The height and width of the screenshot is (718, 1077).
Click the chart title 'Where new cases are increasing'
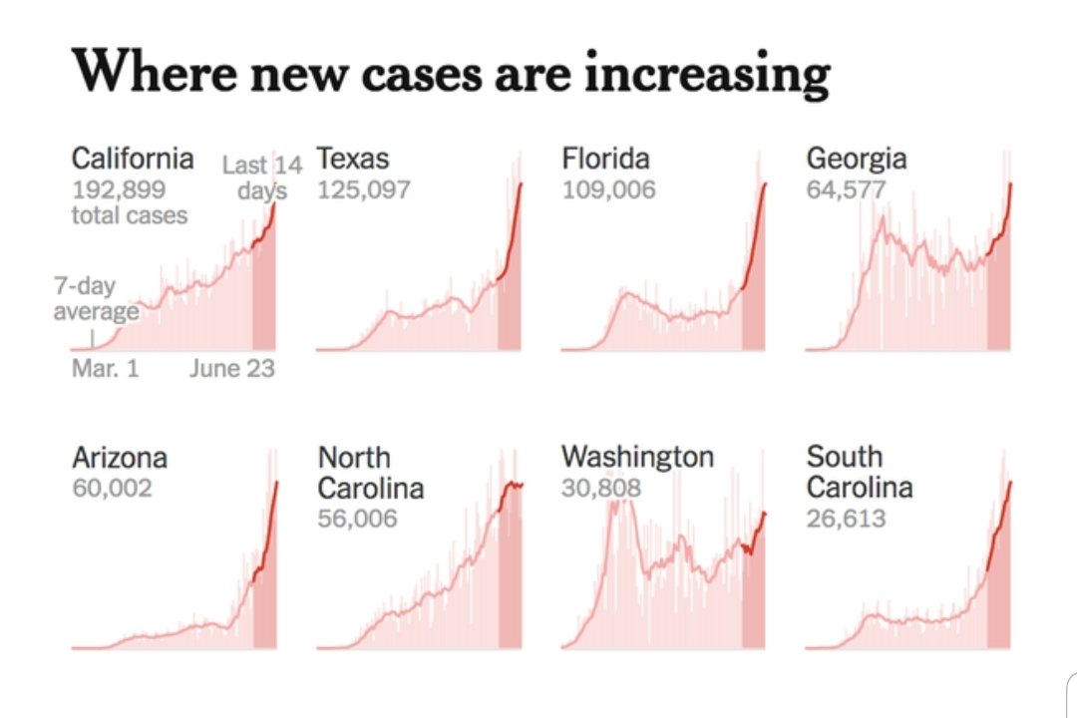tap(451, 72)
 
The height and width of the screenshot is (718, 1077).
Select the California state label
tap(133, 159)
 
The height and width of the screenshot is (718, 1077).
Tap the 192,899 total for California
tap(119, 189)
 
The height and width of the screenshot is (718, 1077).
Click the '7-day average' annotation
tap(96, 299)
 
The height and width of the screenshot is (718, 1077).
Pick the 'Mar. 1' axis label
tap(106, 369)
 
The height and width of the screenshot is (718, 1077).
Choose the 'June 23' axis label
tap(231, 369)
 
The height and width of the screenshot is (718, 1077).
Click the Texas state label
tap(353, 159)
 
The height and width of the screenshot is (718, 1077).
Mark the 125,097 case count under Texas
tap(363, 189)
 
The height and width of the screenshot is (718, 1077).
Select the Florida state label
tap(605, 159)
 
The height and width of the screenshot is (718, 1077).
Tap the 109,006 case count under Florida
tap(608, 189)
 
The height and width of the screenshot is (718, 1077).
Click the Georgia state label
tap(857, 159)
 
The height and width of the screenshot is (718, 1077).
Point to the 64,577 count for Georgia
tap(846, 189)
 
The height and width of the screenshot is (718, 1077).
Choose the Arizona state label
tap(120, 458)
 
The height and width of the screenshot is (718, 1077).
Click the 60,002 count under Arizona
tap(112, 489)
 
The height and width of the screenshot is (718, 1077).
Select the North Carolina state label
tap(370, 473)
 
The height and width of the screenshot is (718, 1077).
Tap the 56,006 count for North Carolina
tap(357, 519)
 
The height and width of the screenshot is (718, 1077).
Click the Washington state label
tap(637, 458)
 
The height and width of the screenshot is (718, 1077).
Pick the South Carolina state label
tap(859, 473)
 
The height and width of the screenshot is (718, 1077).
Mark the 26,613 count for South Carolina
tap(846, 519)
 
